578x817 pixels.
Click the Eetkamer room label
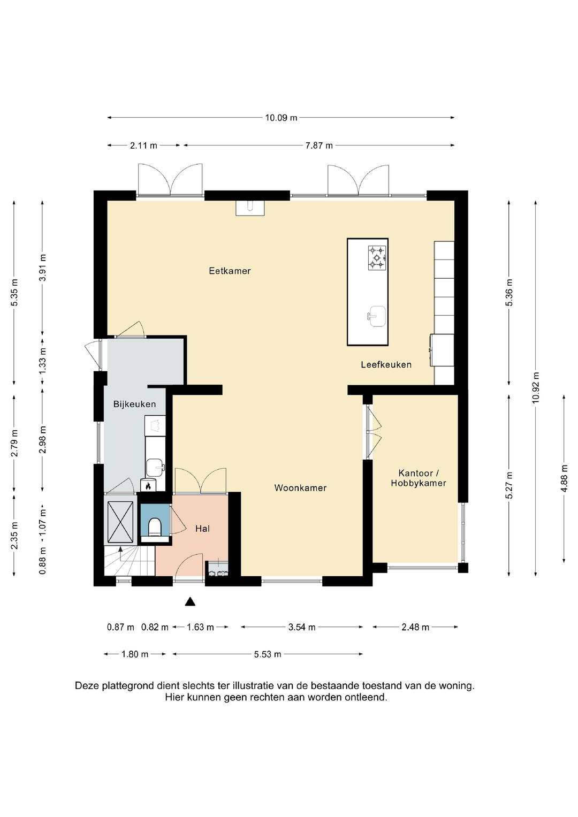coord(230,271)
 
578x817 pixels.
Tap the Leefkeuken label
coord(386,364)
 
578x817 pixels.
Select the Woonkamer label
coord(300,487)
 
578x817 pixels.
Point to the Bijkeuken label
coord(134,404)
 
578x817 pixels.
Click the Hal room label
coord(202,529)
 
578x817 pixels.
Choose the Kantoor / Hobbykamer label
coord(419,478)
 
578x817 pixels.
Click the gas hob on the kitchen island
coord(377,257)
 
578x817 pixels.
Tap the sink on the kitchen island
coord(376,316)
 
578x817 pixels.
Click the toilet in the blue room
coord(155,526)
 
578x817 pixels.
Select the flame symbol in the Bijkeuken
coord(148,485)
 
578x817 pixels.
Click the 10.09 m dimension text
coord(281,118)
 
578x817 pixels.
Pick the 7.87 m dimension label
coord(319,146)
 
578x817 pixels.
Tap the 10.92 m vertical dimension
coord(535,387)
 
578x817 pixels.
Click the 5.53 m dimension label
coord(268,654)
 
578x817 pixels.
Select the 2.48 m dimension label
coord(415,627)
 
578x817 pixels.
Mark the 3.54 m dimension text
coord(302,627)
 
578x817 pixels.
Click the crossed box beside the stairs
coord(120,522)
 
